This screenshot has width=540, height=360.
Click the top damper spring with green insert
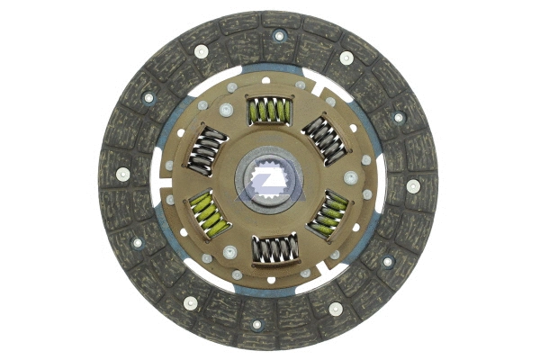(267, 112)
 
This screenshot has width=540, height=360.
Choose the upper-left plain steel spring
(208, 148)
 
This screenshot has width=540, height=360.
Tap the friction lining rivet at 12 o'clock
(279, 36)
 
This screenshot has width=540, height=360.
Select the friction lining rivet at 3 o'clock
(413, 186)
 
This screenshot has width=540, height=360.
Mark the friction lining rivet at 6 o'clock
(256, 325)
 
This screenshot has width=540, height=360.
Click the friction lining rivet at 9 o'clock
(122, 174)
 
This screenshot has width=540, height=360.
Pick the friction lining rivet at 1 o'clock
(346, 57)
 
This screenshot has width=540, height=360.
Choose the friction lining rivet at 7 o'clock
(190, 303)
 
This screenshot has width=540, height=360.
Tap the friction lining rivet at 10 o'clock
(148, 97)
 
